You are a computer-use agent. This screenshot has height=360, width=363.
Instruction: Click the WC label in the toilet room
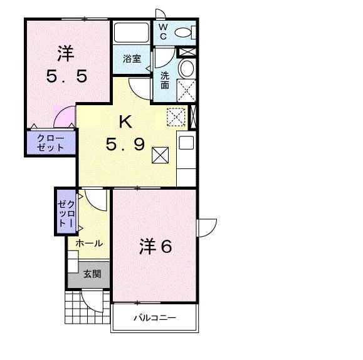click(162, 31)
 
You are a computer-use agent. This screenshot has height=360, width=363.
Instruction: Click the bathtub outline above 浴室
click(131, 33)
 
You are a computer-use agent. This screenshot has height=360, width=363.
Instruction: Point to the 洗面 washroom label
click(164, 80)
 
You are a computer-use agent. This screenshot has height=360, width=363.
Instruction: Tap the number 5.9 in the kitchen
click(125, 145)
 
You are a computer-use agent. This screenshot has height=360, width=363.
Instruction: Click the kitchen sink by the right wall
click(186, 143)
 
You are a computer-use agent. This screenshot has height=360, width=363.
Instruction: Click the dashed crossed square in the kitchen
click(176, 116)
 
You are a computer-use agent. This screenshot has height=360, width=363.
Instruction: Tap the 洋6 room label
click(155, 247)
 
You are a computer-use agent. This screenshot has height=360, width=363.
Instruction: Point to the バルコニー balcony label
click(154, 317)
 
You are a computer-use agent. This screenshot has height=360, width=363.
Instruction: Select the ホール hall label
click(89, 243)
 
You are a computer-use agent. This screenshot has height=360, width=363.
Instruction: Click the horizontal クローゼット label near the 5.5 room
click(50, 143)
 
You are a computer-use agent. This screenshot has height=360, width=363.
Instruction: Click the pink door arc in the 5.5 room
click(63, 118)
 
